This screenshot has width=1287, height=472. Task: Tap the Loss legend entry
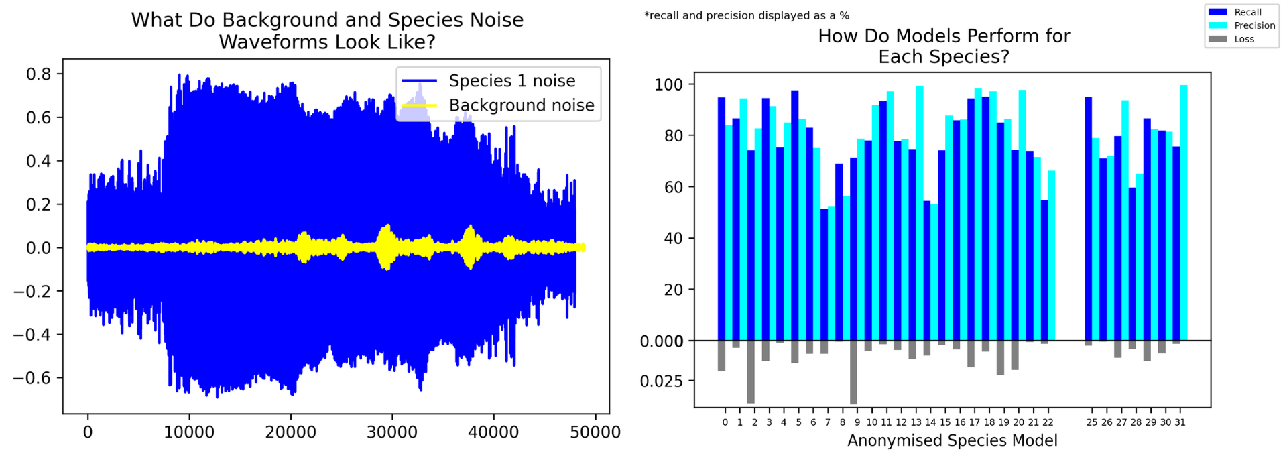click(1244, 39)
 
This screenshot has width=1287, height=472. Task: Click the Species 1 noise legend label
click(512, 81)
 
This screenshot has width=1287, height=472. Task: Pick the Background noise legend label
click(522, 105)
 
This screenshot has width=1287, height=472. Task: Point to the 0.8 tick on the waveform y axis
click(38, 74)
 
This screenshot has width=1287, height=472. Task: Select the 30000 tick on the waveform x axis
click(391, 432)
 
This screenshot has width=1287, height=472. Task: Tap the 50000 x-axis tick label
click(595, 432)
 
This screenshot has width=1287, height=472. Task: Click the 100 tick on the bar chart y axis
click(668, 84)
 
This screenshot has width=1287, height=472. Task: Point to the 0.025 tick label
click(661, 381)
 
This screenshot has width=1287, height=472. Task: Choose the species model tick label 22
click(1048, 422)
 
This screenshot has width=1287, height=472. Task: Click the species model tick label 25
click(1092, 422)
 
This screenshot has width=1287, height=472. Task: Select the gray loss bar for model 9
click(853, 372)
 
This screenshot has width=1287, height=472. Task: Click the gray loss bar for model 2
click(751, 371)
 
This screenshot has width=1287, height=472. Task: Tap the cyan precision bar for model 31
click(1184, 213)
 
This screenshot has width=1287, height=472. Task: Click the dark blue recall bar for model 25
click(1088, 219)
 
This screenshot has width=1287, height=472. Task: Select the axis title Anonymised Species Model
click(952, 440)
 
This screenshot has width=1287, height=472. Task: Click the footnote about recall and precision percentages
click(746, 15)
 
